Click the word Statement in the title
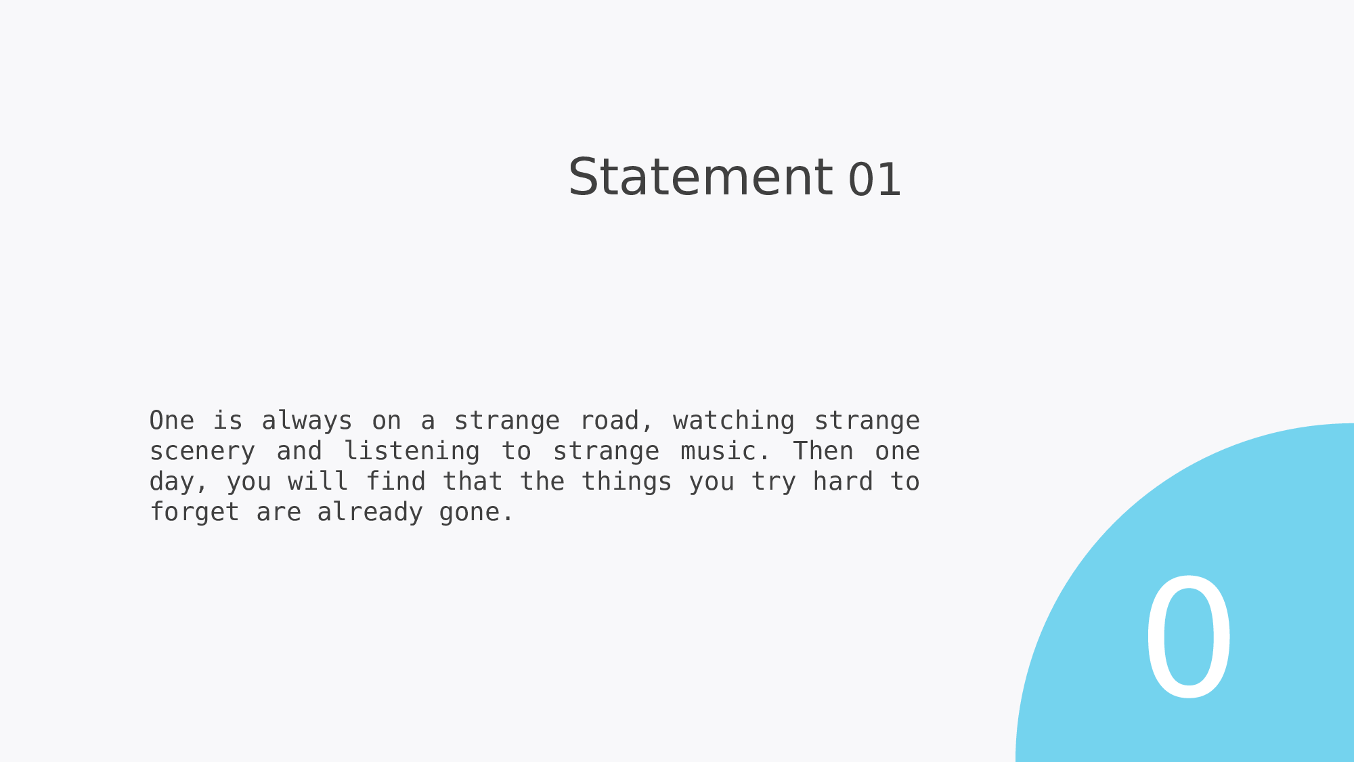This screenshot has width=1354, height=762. point(700,177)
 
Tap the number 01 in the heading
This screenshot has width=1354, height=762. point(875,180)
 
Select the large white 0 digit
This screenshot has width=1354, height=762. point(1188,637)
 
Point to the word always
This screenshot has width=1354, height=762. point(307,421)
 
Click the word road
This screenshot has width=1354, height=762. point(609,421)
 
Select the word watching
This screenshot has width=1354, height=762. point(733,421)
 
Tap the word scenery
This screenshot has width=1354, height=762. point(202,452)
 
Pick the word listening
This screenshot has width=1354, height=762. point(412,452)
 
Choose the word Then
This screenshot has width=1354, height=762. point(823,451)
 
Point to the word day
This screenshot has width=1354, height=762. point(173,482)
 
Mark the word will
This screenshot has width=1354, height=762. point(318,482)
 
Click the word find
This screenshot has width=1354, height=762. point(395,482)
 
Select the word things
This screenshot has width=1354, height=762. point(626,482)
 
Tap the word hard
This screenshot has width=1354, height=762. point(842,482)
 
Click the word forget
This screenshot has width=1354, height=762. point(194,513)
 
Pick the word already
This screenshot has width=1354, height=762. point(370,513)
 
